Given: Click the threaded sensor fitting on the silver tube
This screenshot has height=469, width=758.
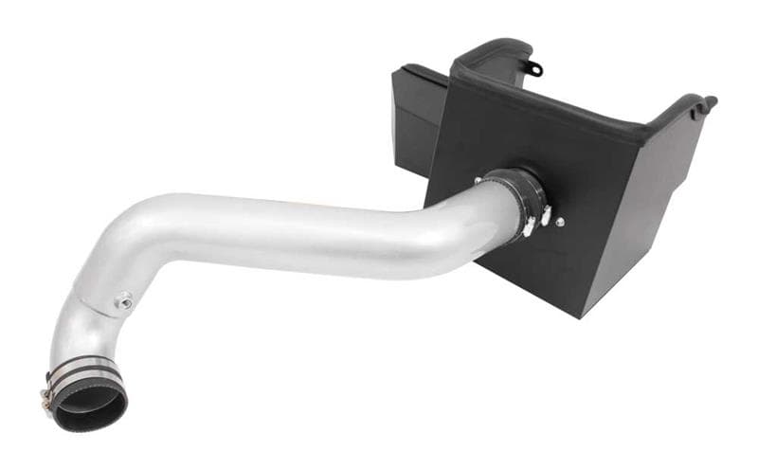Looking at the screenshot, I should click(123, 302).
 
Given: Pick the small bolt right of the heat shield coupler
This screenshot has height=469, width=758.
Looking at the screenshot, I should click(560, 222).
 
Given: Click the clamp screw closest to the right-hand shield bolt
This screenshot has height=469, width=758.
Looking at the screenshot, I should click(546, 220).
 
